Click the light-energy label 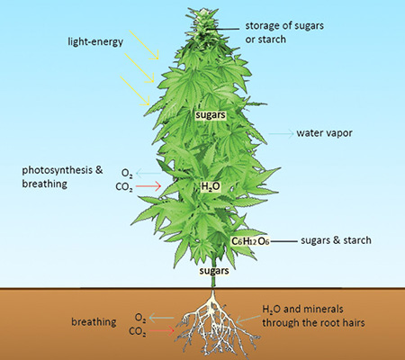(x=95, y=41)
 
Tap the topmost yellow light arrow (x=144, y=44)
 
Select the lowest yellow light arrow (x=135, y=91)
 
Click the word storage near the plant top (x=263, y=26)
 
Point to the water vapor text (x=324, y=133)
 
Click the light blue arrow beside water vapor (x=281, y=133)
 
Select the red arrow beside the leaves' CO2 (x=148, y=186)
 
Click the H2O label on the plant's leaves (x=211, y=186)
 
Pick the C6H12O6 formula (x=250, y=241)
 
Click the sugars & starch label (x=336, y=240)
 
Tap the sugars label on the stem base (x=214, y=271)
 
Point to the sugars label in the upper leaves (x=211, y=115)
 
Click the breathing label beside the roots (x=94, y=322)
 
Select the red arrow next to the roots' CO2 (x=162, y=331)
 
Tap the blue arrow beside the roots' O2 (x=161, y=318)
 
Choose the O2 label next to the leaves (x=127, y=174)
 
